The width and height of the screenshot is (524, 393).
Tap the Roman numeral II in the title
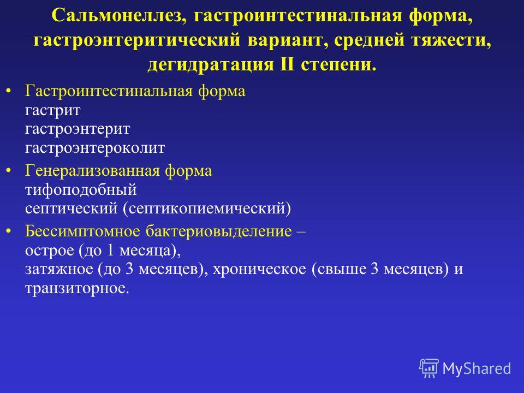click(x=288, y=64)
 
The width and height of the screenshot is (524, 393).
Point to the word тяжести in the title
click(x=451, y=40)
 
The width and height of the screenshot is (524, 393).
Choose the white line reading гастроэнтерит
click(x=78, y=129)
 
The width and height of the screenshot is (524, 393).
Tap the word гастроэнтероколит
click(x=95, y=148)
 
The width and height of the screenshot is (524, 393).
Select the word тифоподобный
click(x=81, y=190)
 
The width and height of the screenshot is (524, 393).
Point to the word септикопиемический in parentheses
click(x=207, y=209)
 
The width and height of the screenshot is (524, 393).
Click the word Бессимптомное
click(x=82, y=231)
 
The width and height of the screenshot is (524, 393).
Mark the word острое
click(x=50, y=251)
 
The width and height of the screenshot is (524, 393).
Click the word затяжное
click(x=59, y=269)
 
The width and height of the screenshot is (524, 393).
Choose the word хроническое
click(x=259, y=269)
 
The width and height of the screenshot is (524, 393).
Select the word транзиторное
click(x=76, y=288)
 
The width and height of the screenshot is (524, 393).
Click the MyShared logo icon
click(x=429, y=368)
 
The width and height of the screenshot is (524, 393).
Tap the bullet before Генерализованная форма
click(x=9, y=171)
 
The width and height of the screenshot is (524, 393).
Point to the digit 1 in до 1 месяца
click(x=110, y=251)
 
